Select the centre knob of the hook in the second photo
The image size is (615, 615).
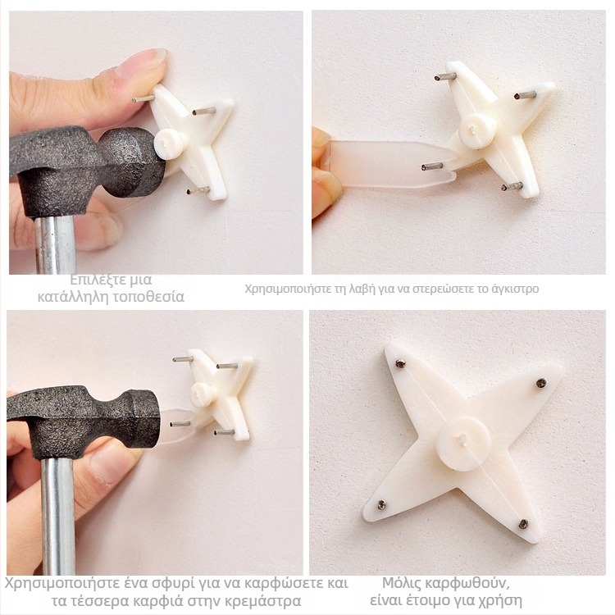(477, 131)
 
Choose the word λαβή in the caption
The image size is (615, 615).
(358, 289)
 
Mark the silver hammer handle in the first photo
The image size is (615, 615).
(56, 244)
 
